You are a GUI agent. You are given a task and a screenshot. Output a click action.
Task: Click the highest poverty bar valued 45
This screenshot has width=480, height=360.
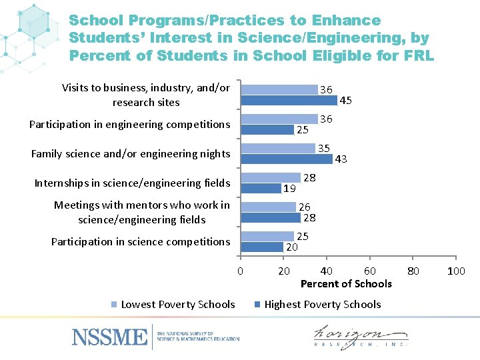tap(289, 101)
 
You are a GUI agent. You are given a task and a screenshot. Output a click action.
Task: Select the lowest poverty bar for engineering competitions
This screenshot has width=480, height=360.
tap(279, 119)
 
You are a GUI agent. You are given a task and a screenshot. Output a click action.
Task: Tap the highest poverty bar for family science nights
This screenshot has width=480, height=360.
tap(286, 159)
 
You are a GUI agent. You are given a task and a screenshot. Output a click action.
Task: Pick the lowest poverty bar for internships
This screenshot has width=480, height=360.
tap(270, 178)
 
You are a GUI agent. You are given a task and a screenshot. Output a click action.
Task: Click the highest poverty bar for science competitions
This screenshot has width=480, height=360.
tap(261, 247)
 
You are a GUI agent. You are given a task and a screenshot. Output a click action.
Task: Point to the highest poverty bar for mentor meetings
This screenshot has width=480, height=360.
tap(270, 218)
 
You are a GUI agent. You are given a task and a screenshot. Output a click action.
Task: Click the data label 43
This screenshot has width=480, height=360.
tap(341, 159)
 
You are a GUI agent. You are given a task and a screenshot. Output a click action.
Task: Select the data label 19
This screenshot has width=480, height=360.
tap(289, 189)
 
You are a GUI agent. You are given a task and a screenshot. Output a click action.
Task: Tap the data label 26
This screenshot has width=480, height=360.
tap(305, 207)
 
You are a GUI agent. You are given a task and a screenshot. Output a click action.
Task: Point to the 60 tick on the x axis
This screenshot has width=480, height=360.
tap(369, 271)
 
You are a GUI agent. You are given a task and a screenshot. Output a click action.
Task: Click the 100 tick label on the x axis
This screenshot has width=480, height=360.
tap(456, 271)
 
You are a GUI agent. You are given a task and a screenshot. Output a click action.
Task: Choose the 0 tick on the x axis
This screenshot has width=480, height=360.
tap(240, 271)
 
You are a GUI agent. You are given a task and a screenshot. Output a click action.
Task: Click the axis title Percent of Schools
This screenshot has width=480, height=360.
tap(346, 284)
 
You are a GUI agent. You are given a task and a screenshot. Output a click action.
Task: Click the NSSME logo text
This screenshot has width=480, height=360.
tap(109, 337)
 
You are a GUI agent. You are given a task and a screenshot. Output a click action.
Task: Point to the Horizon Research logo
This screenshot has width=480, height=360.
tap(361, 337)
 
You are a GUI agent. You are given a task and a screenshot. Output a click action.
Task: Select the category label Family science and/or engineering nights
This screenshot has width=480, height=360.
tap(131, 154)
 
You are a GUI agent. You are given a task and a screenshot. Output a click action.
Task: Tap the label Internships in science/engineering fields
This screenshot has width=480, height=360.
tap(132, 183)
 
